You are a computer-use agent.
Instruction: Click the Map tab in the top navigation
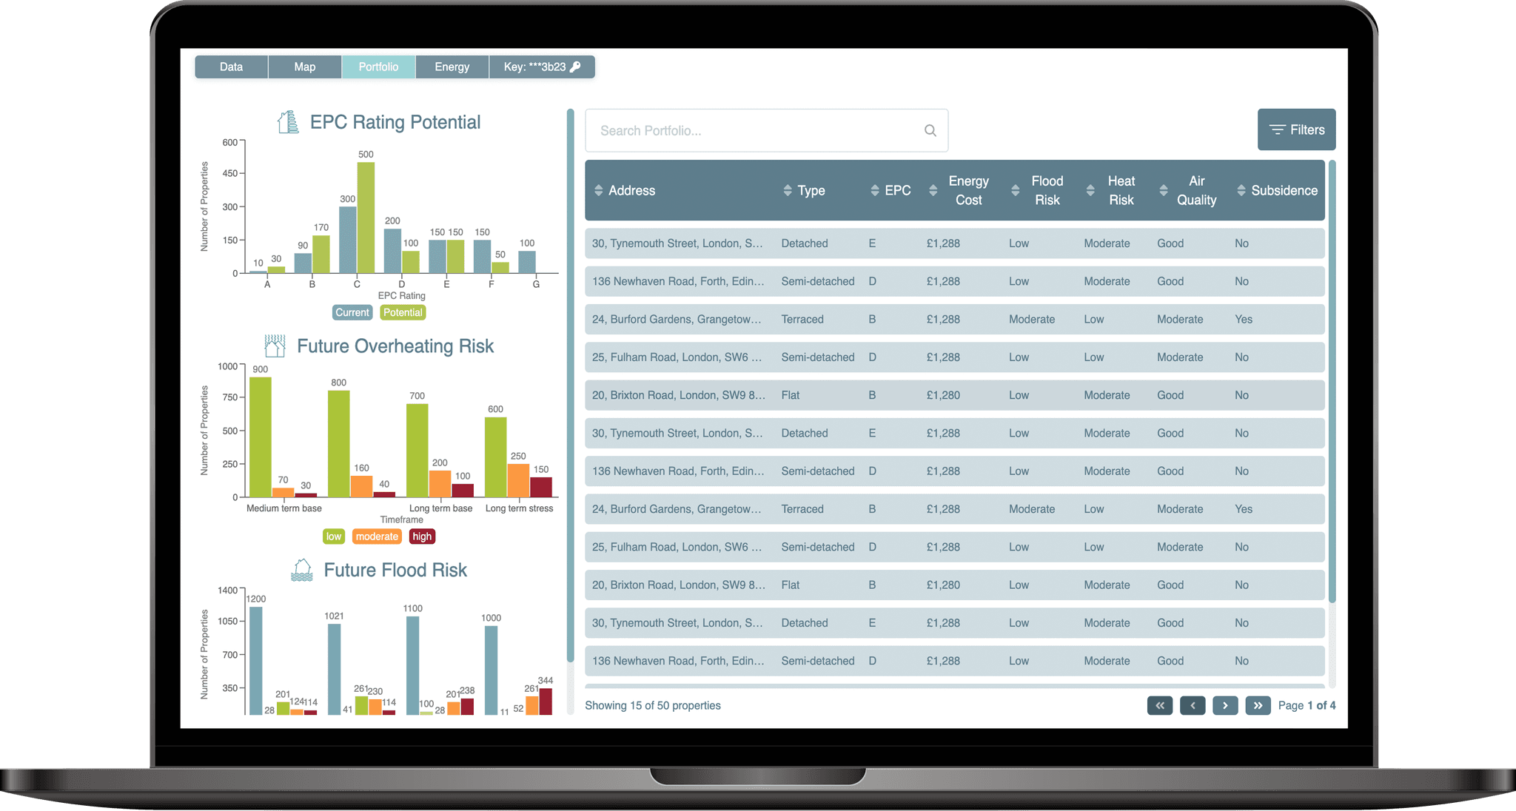(304, 67)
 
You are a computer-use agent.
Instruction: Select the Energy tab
(452, 67)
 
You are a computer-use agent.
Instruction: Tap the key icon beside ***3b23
(575, 67)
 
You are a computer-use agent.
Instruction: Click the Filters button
(1296, 129)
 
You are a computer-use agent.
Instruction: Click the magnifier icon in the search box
(930, 131)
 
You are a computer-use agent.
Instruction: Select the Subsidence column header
(1284, 190)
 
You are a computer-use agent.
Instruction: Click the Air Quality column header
(1196, 190)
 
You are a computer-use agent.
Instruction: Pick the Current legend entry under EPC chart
(352, 312)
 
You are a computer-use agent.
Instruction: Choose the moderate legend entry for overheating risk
(377, 536)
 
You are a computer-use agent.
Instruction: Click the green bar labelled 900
(260, 437)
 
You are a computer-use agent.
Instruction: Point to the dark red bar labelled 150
(541, 487)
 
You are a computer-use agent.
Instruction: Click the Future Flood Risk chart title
(395, 570)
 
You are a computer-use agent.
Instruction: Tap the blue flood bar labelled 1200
(256, 660)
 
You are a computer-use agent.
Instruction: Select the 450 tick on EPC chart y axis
(230, 173)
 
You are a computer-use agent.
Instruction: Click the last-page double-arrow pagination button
(1258, 705)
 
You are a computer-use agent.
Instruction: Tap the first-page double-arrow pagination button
(1160, 705)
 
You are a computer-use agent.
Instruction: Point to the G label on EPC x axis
(536, 284)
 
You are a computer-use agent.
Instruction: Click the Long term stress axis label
(519, 508)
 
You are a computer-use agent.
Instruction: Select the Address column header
(631, 190)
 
